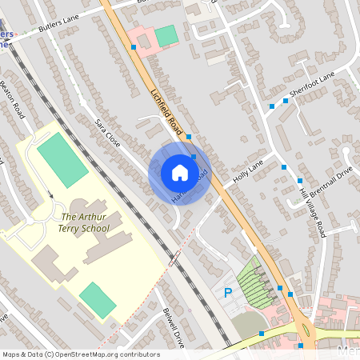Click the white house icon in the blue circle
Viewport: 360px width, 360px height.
tap(179, 172)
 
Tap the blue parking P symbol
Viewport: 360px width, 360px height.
tap(227, 294)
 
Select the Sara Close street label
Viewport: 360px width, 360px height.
tap(107, 133)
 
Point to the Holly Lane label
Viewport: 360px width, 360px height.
tap(248, 174)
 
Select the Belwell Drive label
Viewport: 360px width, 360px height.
tap(174, 328)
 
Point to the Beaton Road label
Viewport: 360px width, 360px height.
tap(14, 99)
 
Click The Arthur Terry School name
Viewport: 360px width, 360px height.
tap(85, 222)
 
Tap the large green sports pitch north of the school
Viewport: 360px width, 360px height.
tap(62, 160)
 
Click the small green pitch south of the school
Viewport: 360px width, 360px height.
tap(98, 299)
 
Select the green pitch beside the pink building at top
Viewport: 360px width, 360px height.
tap(166, 36)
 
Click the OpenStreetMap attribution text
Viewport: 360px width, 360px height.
tap(81, 354)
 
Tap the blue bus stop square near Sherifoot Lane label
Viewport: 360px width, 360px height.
tap(272, 105)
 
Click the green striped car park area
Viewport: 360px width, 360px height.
tap(258, 284)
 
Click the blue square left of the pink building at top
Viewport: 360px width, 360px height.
tap(133, 47)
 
